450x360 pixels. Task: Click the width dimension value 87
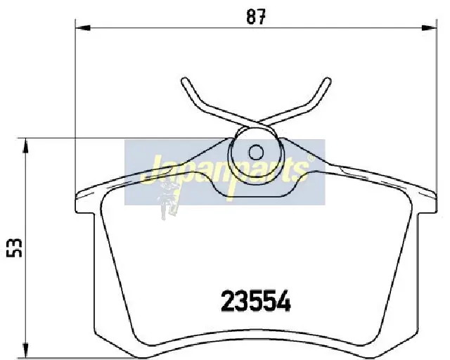click(x=256, y=17)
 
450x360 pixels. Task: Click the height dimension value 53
click(x=14, y=247)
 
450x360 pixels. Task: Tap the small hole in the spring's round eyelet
click(x=256, y=153)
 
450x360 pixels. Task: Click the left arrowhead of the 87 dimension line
click(x=83, y=28)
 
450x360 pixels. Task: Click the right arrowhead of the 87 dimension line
click(x=429, y=28)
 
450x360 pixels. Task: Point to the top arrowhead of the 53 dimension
click(x=26, y=146)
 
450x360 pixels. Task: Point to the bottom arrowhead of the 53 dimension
click(x=26, y=350)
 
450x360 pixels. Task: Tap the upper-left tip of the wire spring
click(x=185, y=80)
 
